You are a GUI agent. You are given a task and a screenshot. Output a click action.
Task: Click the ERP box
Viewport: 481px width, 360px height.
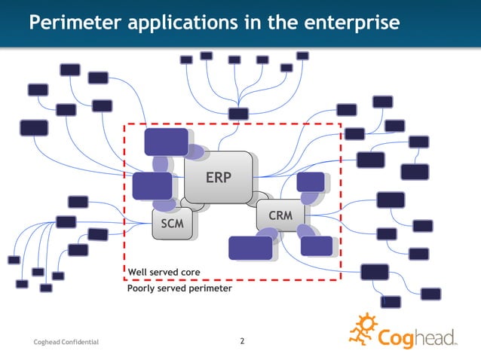tap(218, 177)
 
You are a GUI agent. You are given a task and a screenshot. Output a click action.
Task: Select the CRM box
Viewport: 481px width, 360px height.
tap(280, 215)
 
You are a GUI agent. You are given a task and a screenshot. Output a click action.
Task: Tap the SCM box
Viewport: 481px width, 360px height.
tap(172, 224)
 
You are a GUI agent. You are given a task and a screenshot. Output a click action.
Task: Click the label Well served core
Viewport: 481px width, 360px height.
tap(164, 272)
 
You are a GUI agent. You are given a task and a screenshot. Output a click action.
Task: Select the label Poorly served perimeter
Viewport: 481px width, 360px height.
tap(179, 288)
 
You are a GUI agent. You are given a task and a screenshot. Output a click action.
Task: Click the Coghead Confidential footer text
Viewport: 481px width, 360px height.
tap(66, 343)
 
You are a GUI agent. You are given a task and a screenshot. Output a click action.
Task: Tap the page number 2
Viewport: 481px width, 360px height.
tap(241, 342)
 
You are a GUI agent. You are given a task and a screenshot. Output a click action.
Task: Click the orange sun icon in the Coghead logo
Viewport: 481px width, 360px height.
tap(364, 331)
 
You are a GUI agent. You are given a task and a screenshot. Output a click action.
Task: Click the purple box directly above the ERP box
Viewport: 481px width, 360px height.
tap(166, 142)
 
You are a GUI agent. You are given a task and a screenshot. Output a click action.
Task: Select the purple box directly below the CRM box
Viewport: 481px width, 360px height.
tap(316, 246)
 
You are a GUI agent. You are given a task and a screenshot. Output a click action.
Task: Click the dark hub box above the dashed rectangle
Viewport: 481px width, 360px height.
tap(238, 114)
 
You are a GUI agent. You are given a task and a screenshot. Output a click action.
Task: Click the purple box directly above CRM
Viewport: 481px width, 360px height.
tap(311, 182)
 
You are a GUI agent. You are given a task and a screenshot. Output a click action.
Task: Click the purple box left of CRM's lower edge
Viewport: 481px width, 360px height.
tap(250, 248)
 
